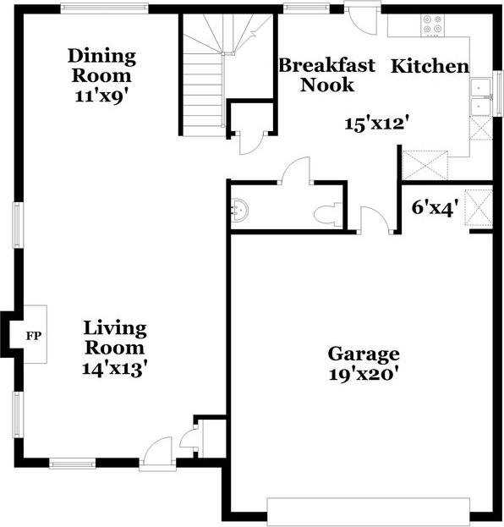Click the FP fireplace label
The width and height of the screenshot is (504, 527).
pyautogui.click(x=34, y=336)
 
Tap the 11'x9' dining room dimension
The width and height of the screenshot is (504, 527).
pyautogui.click(x=102, y=96)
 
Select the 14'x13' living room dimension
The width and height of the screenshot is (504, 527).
pyautogui.click(x=115, y=369)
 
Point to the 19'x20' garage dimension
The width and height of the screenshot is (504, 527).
pyautogui.click(x=364, y=375)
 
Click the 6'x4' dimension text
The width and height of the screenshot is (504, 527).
pyautogui.click(x=436, y=207)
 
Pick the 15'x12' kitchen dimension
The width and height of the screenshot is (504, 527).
pyautogui.click(x=378, y=124)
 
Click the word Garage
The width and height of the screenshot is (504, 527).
pyautogui.click(x=364, y=354)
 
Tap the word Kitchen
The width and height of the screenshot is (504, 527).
pyautogui.click(x=430, y=66)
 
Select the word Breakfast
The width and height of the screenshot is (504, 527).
pyautogui.click(x=327, y=65)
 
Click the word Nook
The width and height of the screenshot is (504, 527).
pyautogui.click(x=327, y=85)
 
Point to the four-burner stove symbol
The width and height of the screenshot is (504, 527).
pyautogui.click(x=432, y=25)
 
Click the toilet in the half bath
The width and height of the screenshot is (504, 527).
pyautogui.click(x=328, y=214)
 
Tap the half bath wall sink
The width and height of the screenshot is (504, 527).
pyautogui.click(x=239, y=210)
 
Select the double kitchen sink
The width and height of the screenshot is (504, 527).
pyautogui.click(x=480, y=96)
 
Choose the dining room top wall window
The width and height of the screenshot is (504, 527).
pyautogui.click(x=105, y=8)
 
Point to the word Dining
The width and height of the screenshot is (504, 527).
pyautogui.click(x=101, y=57)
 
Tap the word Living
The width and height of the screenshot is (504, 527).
pyautogui.click(x=115, y=329)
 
